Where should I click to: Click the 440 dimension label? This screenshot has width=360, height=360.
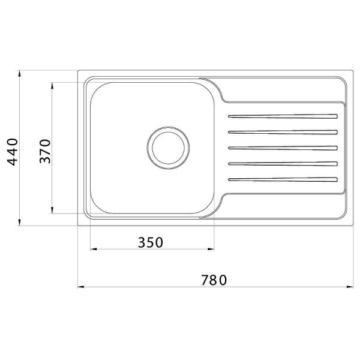pyautogui.click(x=13, y=151)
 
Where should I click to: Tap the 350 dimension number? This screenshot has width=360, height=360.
pyautogui.click(x=150, y=242)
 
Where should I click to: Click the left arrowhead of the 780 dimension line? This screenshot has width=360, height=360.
pyautogui.click(x=80, y=287)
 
